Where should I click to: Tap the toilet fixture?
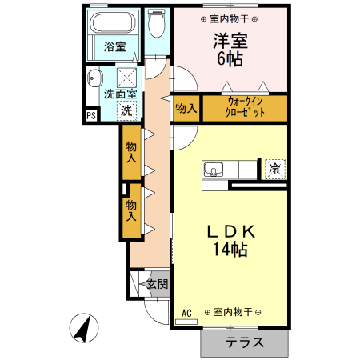click(x=157, y=24)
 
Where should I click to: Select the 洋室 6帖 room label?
click(x=230, y=50)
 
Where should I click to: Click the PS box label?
click(x=91, y=116)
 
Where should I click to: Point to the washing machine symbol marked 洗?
click(x=126, y=110)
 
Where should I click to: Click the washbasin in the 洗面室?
click(x=94, y=78)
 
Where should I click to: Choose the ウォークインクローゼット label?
click(x=245, y=107)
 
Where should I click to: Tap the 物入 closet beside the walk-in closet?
click(x=186, y=108)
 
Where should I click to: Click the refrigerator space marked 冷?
click(x=275, y=169)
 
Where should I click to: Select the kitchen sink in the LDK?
click(x=214, y=170)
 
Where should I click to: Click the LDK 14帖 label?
click(x=231, y=241)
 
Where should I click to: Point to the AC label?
click(x=186, y=313)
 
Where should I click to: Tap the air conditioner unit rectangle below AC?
click(x=186, y=322)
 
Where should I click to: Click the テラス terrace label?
click(x=244, y=342)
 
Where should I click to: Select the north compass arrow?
click(x=84, y=328)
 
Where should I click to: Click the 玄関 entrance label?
click(x=158, y=284)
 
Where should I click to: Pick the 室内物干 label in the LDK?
click(x=233, y=312)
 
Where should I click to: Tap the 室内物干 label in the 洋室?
click(x=229, y=19)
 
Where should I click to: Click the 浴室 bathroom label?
click(x=115, y=46)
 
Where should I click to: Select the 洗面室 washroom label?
click(x=120, y=94)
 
